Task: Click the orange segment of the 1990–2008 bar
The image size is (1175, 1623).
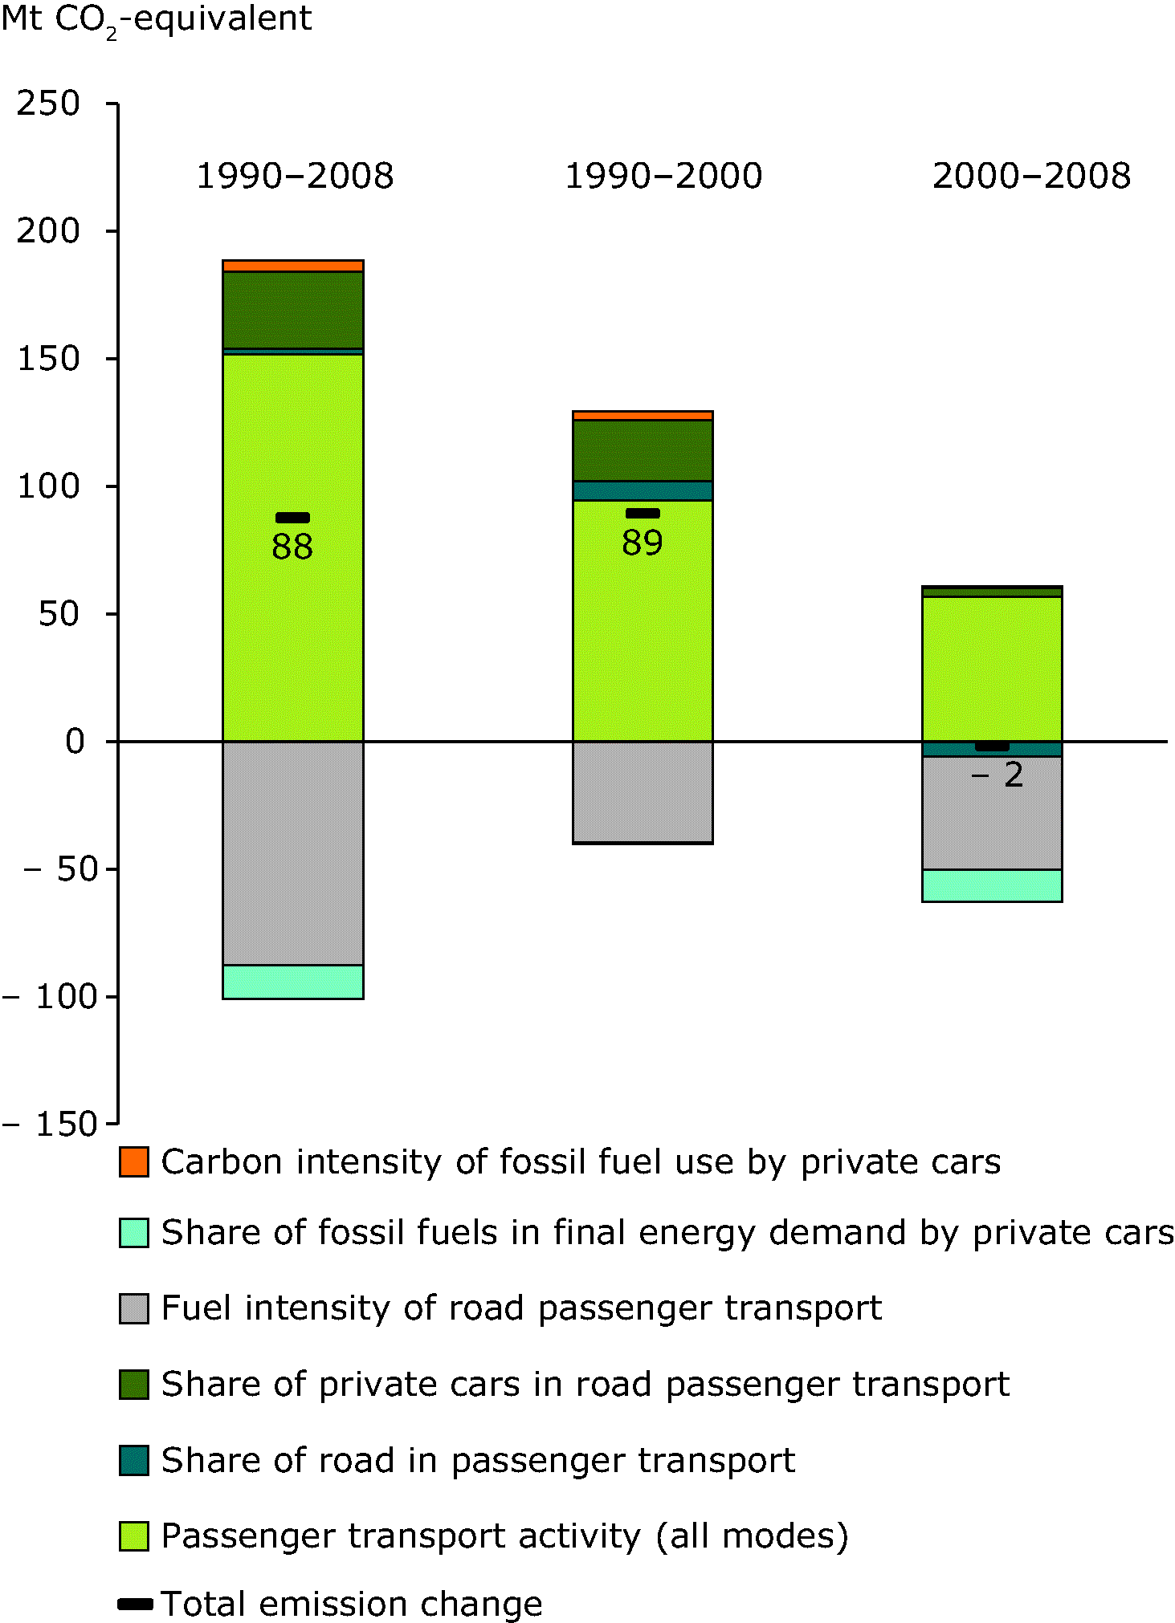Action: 292,266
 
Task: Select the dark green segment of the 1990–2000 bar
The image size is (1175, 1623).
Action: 642,450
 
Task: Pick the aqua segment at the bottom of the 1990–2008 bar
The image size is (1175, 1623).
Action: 292,982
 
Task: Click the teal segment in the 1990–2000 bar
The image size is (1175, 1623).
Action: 642,490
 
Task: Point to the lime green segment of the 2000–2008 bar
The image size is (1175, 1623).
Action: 992,669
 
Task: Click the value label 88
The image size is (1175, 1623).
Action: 292,547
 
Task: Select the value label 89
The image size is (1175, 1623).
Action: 642,543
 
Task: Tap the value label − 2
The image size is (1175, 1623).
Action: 998,775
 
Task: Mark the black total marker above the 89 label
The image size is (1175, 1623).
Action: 642,514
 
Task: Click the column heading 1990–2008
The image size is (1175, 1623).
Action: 295,177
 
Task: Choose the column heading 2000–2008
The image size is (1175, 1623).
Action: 1031,177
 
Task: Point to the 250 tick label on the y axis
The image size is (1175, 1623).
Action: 48,104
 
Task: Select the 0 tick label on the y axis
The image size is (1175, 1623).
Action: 75,742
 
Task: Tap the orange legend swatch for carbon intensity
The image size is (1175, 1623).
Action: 134,1162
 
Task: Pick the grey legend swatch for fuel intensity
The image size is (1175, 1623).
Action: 134,1309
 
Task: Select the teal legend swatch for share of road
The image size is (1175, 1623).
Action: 134,1461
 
